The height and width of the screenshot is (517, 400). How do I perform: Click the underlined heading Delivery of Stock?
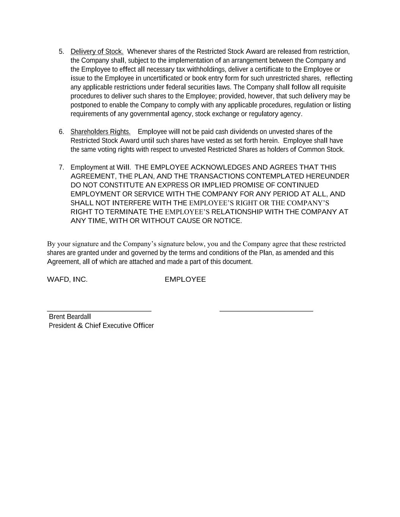(x=97, y=52)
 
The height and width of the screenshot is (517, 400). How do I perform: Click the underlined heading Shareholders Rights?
(x=100, y=132)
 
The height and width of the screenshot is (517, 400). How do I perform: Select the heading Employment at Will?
(x=100, y=167)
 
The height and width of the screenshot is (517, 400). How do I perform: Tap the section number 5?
(x=61, y=52)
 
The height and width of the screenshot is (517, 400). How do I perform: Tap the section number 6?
(x=61, y=132)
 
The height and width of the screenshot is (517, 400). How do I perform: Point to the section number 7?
(x=61, y=167)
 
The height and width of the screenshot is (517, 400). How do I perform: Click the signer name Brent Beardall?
(x=70, y=317)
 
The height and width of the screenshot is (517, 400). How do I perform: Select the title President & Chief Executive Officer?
(x=101, y=326)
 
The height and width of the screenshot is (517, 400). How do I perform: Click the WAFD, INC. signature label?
(x=67, y=280)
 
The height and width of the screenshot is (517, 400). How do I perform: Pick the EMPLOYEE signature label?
(x=185, y=280)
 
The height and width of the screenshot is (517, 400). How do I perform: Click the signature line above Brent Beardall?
(x=99, y=311)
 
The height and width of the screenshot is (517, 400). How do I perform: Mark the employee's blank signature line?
(x=266, y=311)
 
